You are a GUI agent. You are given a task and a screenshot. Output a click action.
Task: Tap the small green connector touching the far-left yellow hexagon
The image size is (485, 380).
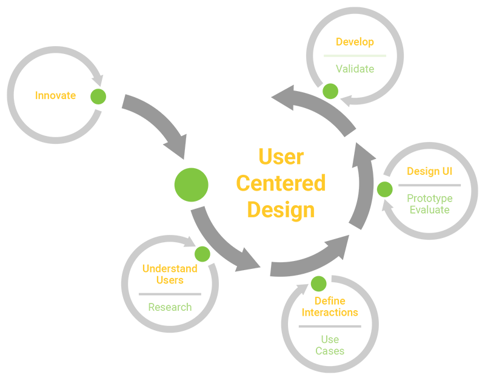pos(97,96)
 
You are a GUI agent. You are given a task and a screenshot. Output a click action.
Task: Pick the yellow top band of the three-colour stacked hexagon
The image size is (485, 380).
pos(355,38)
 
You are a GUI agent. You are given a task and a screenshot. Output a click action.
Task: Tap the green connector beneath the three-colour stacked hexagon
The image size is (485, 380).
pos(332,88)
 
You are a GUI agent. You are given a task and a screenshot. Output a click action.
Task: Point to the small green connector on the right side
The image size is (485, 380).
pos(384,189)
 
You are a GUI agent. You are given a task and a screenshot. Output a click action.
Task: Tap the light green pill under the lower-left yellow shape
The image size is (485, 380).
pos(170,308)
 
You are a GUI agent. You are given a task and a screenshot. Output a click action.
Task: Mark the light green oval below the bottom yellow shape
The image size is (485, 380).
pos(329,346)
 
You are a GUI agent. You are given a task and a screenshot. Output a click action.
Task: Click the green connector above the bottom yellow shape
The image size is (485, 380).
pos(318,282)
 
